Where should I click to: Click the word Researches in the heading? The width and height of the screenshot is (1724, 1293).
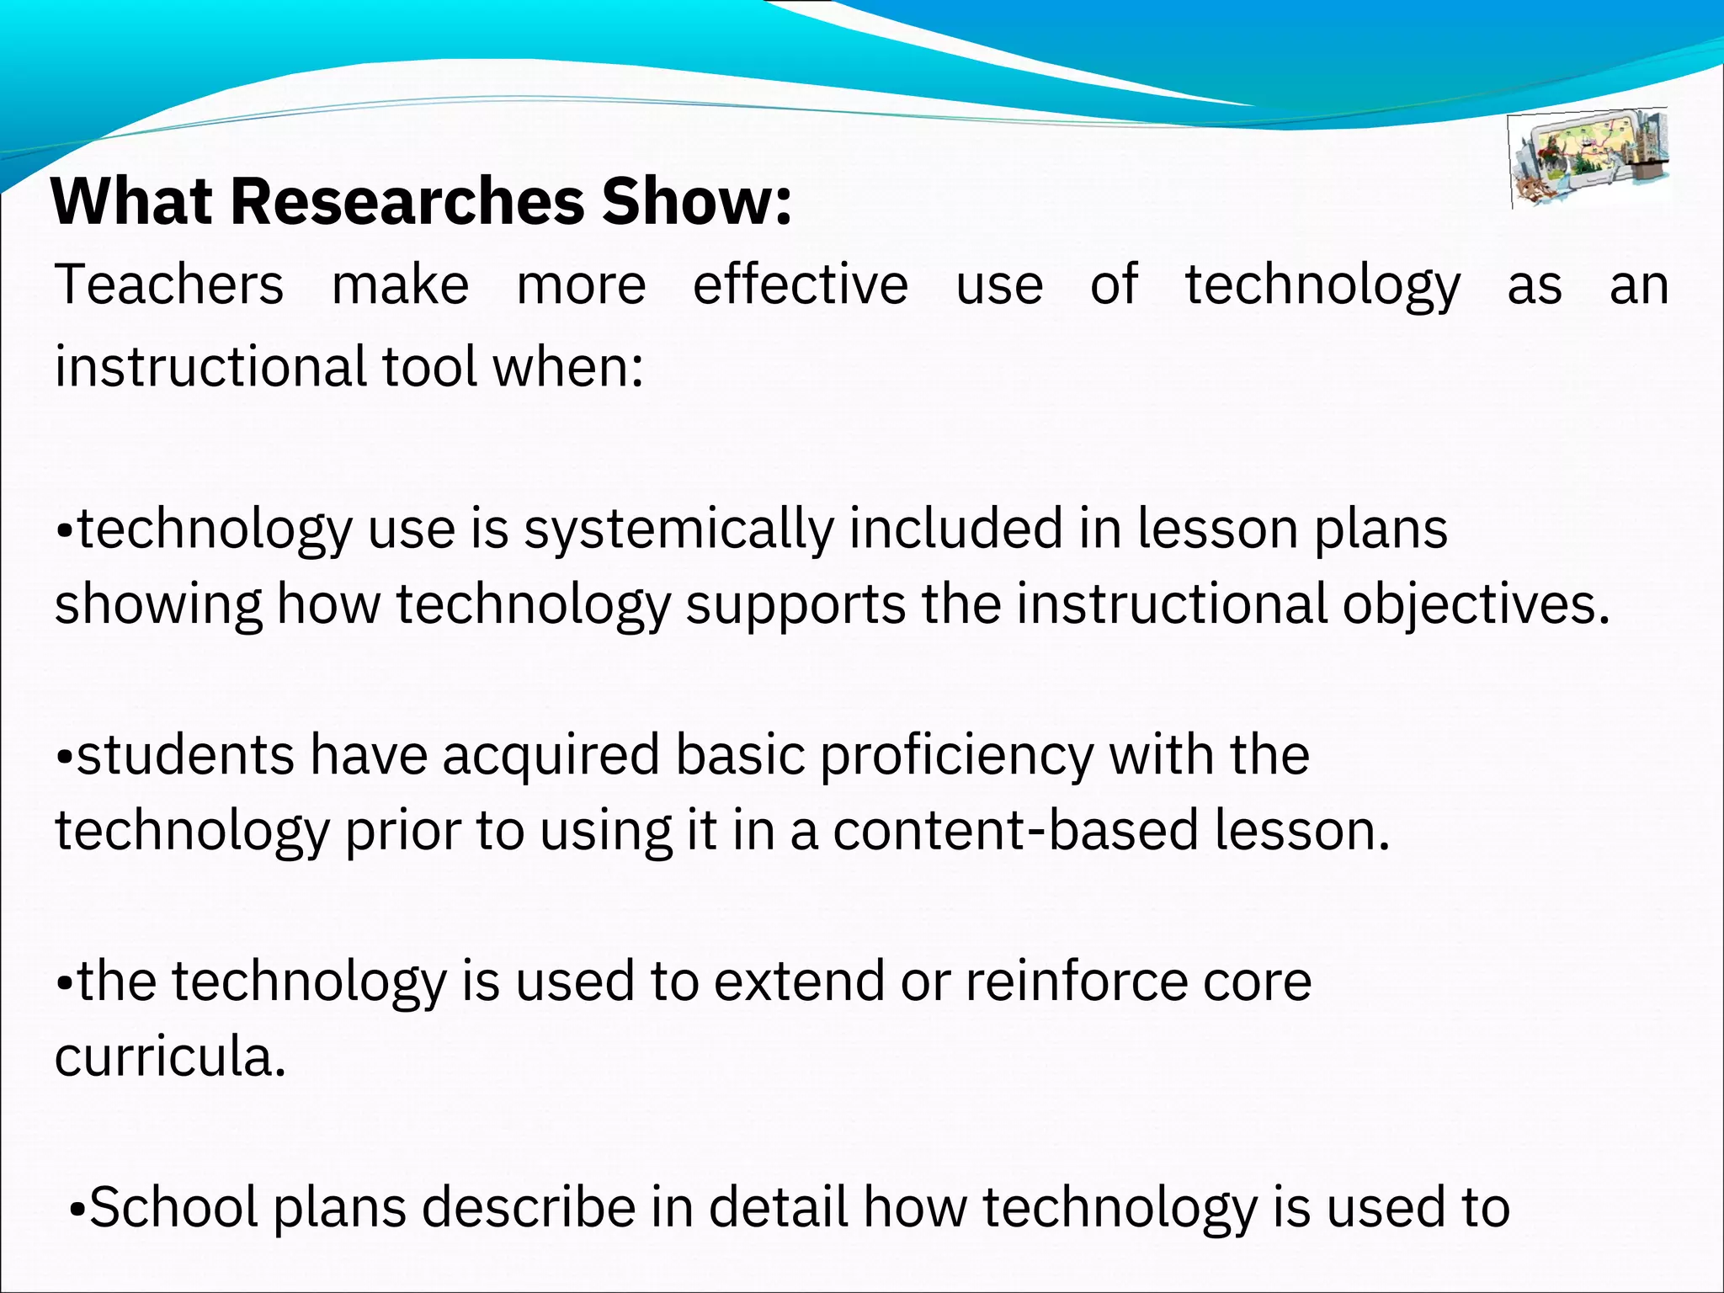pos(407,202)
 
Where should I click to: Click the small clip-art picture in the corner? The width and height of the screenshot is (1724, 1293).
pos(1588,158)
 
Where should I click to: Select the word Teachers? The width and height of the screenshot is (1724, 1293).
pos(169,285)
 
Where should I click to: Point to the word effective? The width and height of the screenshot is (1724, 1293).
pos(800,285)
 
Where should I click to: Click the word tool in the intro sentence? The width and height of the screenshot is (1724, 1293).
pos(429,367)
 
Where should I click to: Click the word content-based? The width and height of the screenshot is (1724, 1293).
pos(1015,831)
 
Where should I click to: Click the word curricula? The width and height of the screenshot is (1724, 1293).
pos(169,1057)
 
